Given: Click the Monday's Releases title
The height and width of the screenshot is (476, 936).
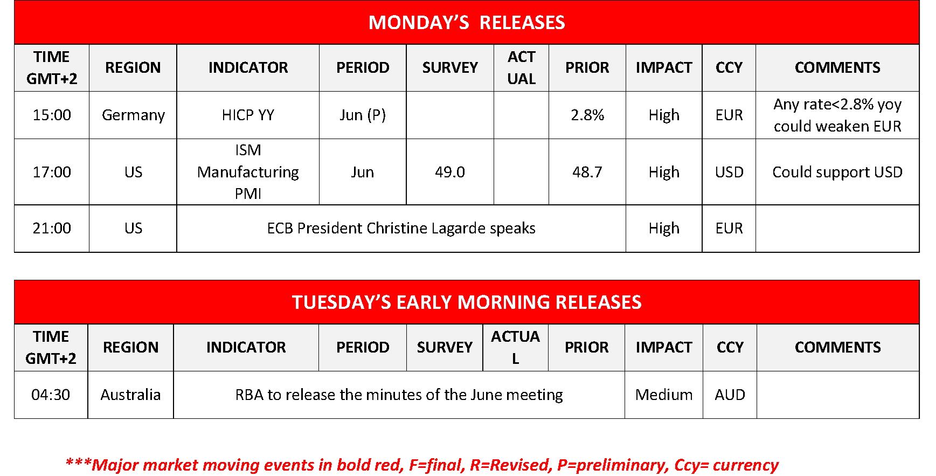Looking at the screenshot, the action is point(467,23).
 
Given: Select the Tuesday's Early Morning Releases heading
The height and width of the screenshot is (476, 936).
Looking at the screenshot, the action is point(467,302).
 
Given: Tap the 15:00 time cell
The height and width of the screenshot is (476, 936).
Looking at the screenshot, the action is point(52,115).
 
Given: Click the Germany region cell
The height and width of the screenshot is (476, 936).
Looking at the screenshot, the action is point(133,115).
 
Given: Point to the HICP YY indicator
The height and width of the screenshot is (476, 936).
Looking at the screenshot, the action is point(248,115).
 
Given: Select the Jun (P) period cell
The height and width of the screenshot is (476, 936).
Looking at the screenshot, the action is point(363,115).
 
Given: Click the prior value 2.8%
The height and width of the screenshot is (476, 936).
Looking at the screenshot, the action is point(587,115).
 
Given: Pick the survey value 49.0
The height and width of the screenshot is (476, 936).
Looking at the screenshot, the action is point(450,172).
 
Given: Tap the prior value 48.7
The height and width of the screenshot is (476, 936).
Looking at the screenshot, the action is point(587,172).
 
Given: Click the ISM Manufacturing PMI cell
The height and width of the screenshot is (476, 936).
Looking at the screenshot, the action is point(248,172).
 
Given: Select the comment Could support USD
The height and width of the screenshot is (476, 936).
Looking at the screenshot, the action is point(837,172).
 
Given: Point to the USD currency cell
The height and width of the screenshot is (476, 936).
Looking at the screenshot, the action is point(729,172).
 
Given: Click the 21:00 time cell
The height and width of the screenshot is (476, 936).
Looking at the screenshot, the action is point(52,228).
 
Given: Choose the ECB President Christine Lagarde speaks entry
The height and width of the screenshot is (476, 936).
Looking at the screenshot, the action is point(401,228).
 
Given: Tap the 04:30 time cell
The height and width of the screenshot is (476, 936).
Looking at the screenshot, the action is point(51,395).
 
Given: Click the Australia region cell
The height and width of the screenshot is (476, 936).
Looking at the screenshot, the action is point(130,395).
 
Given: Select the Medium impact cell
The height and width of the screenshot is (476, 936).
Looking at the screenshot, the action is point(664,395).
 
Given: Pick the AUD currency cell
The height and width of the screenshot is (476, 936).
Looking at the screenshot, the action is point(730,395).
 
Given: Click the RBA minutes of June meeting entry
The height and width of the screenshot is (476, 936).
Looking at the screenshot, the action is point(399,395).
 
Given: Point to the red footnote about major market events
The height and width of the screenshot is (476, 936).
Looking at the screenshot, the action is point(422,465).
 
